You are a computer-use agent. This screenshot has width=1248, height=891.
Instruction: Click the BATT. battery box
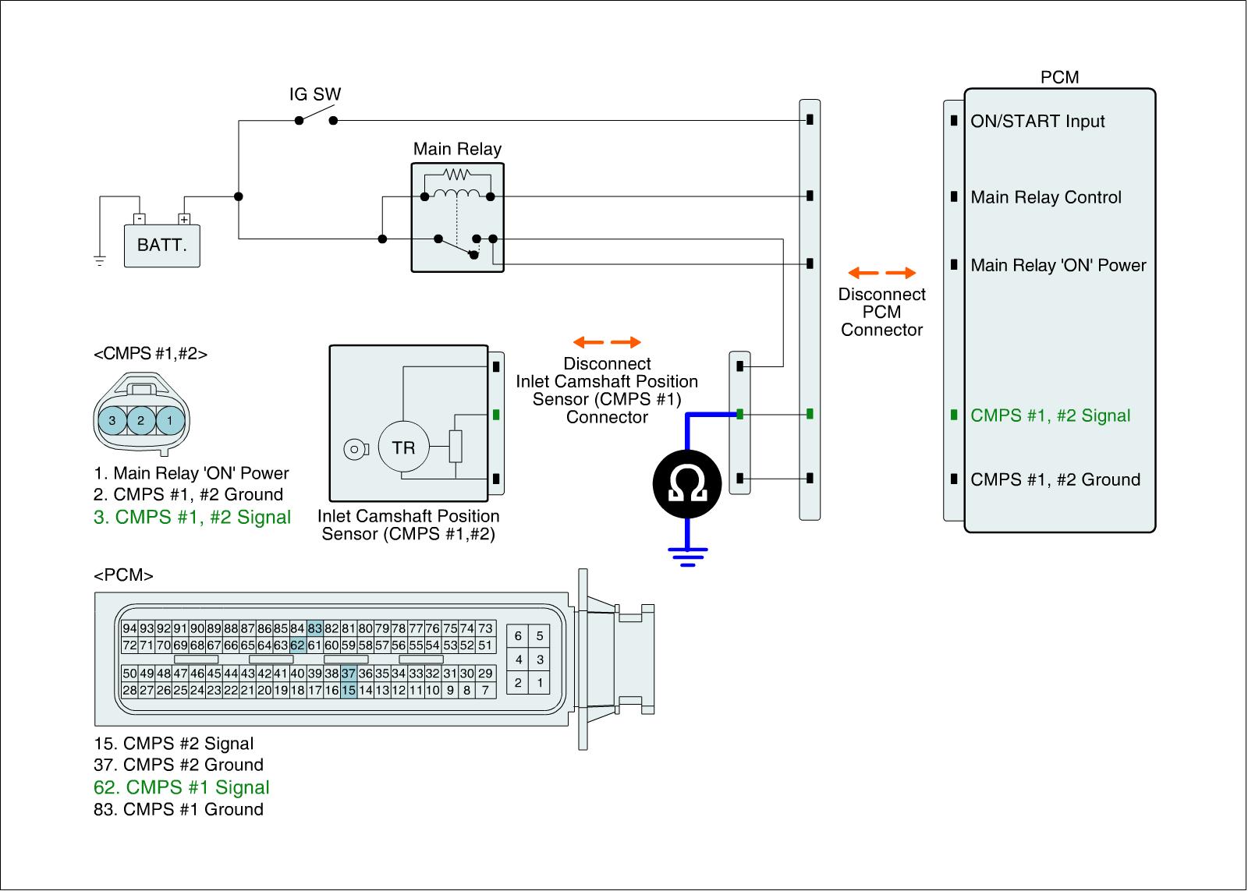162,246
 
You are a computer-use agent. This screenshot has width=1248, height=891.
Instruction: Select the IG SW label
315,94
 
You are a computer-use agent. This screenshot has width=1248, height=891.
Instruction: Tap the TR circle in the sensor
403,447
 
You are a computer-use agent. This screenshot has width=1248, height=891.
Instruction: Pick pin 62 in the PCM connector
298,645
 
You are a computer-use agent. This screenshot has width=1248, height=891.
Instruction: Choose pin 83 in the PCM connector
314,628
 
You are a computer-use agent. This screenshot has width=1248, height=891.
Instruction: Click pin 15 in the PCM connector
349,690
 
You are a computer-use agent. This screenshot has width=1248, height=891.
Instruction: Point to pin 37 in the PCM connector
349,674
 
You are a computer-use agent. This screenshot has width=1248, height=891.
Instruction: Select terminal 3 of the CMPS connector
112,420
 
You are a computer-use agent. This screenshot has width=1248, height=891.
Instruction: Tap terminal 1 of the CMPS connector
169,420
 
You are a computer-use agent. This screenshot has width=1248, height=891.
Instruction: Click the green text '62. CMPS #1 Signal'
182,787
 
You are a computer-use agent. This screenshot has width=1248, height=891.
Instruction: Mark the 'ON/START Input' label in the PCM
1037,122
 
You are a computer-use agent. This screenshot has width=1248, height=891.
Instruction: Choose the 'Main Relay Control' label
1045,197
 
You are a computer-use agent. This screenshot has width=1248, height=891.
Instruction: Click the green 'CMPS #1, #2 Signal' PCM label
1050,415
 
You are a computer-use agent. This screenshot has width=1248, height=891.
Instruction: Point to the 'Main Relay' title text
457,149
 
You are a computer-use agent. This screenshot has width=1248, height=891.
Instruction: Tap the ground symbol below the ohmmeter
687,556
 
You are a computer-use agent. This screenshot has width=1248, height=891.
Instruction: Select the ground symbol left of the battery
100,260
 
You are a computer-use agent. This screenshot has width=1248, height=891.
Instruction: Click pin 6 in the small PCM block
518,636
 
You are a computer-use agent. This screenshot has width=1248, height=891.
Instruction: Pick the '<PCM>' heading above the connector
123,575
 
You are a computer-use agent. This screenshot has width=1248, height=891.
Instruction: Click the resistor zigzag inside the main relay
457,175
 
